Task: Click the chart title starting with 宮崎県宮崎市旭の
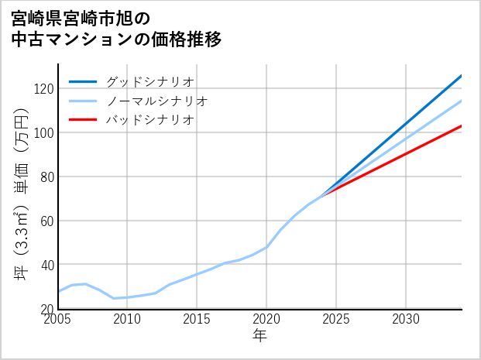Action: point(116,29)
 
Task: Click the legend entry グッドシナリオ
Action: point(149,81)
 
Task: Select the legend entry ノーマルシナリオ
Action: point(156,101)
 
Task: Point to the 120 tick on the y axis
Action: point(43,88)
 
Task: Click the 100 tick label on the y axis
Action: point(43,132)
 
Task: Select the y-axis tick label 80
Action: point(46,177)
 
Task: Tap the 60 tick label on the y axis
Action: point(46,221)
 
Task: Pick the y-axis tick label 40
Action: point(46,265)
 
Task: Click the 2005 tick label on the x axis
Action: point(58,319)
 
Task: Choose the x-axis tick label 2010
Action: point(128,319)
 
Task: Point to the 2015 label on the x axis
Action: point(198,319)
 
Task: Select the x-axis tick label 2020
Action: point(266,319)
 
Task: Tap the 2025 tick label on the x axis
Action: point(336,319)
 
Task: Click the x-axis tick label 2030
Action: point(406,319)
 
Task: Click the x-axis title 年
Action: point(260,336)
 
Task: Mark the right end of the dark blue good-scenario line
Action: point(461,76)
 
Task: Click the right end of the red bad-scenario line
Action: point(461,125)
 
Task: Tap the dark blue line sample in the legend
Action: point(83,81)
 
